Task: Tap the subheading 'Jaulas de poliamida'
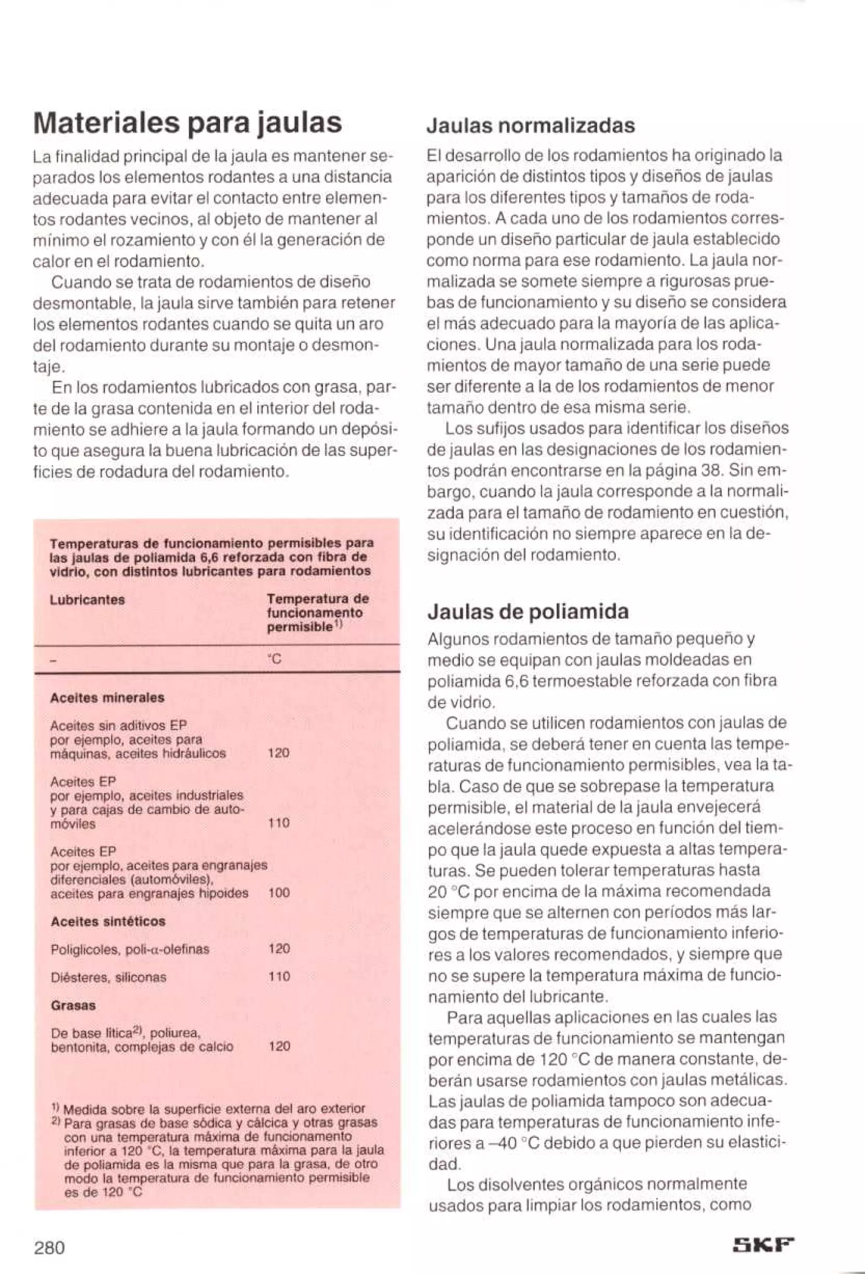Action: pyautogui.click(x=528, y=611)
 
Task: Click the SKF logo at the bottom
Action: pyautogui.click(x=764, y=1234)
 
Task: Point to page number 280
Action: pyautogui.click(x=49, y=1232)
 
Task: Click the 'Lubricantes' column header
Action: pyautogui.click(x=87, y=600)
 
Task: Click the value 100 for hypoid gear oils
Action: pyautogui.click(x=279, y=893)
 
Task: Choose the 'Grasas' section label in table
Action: pyautogui.click(x=73, y=1005)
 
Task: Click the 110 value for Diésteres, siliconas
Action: pyautogui.click(x=279, y=976)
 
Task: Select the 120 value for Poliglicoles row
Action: pyautogui.click(x=279, y=949)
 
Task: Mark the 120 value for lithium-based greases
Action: pyautogui.click(x=279, y=1046)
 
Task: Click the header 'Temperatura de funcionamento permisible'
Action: pyautogui.click(x=317, y=612)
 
